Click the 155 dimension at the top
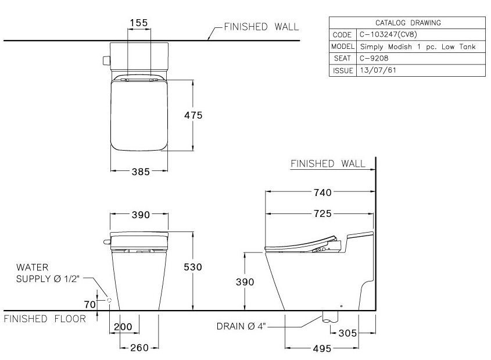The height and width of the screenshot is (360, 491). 139,23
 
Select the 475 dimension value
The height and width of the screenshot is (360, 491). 193,115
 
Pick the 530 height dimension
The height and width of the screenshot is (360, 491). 193,267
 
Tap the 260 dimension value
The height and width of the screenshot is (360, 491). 139,347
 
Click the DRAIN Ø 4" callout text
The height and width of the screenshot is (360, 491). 241,327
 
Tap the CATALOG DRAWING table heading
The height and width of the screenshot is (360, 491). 407,23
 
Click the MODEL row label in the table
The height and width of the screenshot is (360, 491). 343,47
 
